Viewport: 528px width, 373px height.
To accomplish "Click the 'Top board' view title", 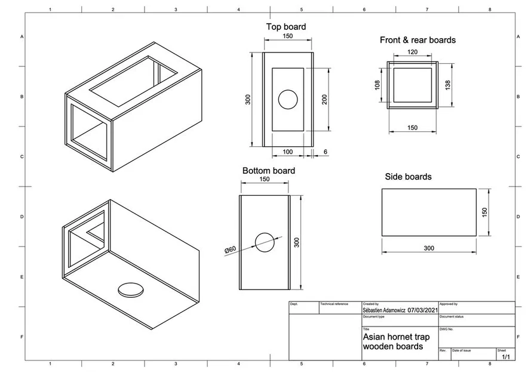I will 286,27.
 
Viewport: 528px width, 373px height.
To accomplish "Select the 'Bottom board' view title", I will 268,171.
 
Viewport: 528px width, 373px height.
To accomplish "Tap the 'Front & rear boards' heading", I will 418,40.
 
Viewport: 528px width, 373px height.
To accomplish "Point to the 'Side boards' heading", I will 408,177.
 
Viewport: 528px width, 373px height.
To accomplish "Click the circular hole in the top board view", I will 288,100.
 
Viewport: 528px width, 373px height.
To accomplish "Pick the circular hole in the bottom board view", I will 265,241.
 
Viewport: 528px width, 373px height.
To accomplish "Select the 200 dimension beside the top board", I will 325,99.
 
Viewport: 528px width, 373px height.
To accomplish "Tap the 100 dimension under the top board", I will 287,152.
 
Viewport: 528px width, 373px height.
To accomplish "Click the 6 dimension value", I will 325,152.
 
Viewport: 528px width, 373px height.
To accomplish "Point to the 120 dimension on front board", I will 412,53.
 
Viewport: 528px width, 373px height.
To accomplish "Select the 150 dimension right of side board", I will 484,212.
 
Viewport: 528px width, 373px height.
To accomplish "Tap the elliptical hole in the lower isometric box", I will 131,289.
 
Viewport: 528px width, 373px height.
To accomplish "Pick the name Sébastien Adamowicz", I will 384,310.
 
